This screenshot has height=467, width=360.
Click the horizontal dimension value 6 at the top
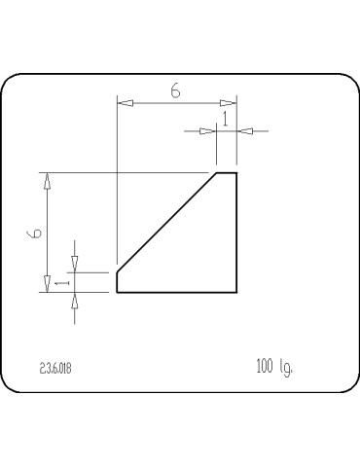[176, 90]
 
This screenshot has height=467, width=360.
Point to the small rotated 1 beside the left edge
[59, 282]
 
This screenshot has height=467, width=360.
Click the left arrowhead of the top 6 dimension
[124, 101]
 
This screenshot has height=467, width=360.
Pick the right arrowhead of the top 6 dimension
[229, 101]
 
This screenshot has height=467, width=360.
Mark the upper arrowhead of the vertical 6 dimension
[46, 181]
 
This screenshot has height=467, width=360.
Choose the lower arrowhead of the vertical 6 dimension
[46, 283]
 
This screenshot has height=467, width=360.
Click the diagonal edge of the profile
[166, 222]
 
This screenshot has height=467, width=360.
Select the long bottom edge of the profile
[176, 292]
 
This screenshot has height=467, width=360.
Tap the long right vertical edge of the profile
[236, 233]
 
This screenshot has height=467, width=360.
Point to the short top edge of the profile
[226, 173]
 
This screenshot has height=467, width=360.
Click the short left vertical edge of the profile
[117, 281]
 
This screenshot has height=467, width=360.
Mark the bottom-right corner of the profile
[236, 292]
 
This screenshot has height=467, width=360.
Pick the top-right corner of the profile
[236, 173]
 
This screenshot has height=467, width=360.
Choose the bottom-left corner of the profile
[117, 292]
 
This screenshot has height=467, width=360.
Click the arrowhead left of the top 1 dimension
[206, 130]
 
